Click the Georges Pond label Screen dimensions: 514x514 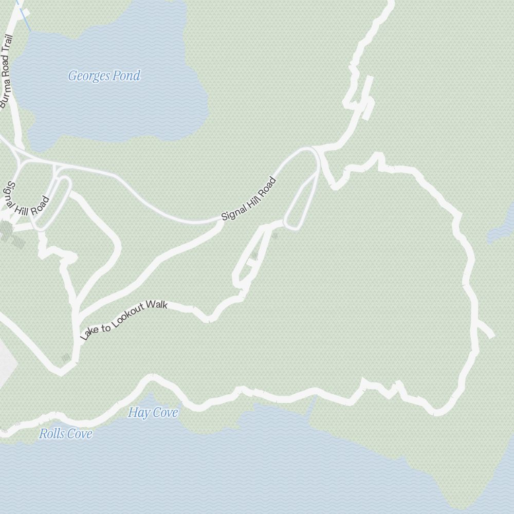[x=104, y=76]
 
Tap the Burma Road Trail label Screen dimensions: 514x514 [x=7, y=71]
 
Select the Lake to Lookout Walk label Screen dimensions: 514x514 [x=124, y=320]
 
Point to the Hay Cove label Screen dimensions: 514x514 [x=153, y=413]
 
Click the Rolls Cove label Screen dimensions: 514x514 [x=66, y=434]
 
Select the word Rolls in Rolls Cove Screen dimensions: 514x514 [x=52, y=434]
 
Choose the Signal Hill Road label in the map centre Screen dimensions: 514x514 [x=249, y=199]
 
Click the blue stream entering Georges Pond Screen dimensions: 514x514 [x=24, y=18]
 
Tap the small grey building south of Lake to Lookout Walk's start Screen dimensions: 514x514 [x=65, y=357]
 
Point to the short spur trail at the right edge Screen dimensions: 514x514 [x=486, y=331]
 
